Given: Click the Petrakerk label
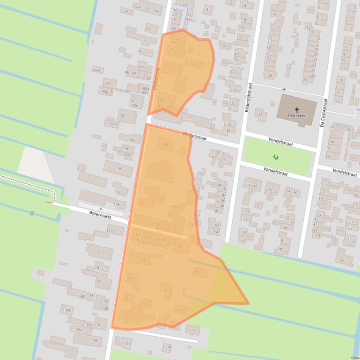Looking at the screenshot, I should pyautogui.click(x=297, y=115).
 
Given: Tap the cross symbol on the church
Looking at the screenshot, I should pyautogui.click(x=297, y=108).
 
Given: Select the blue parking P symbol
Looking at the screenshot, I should pyautogui.click(x=101, y=209).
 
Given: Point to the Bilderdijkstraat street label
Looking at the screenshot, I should pyautogui.click(x=249, y=97).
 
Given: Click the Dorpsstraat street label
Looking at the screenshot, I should pyautogui.click(x=157, y=77).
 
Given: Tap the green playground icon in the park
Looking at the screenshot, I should pyautogui.click(x=275, y=157).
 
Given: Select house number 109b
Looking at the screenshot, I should pyautogui.click(x=196, y=272).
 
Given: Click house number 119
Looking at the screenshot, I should pyautogui.click(x=191, y=330).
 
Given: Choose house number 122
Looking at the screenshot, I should pyautogui.click(x=101, y=252).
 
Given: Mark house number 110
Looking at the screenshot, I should pyautogui.click(x=110, y=230).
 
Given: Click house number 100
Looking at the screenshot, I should pyautogui.click(x=118, y=169).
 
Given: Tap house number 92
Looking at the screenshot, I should pyautogui.click(x=123, y=115).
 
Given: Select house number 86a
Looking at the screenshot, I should pyautogui.click(x=97, y=70).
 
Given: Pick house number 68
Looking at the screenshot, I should pyautogui.click(x=125, y=11).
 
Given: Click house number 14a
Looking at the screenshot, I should pyautogui.click(x=207, y=9).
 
